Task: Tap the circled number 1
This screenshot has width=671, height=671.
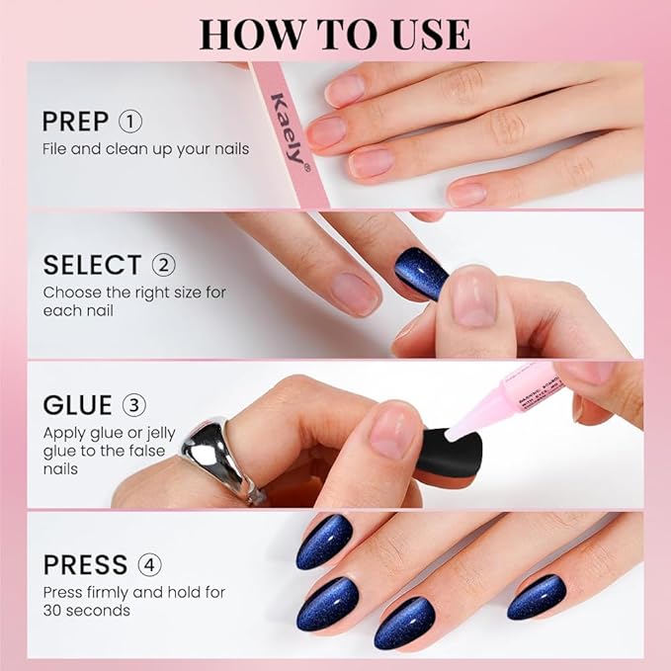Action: click(130, 122)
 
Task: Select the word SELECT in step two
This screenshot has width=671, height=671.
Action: click(92, 265)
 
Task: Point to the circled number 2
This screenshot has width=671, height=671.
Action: click(163, 265)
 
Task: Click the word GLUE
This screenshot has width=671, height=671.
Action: click(78, 405)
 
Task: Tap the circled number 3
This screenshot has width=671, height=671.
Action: click(134, 405)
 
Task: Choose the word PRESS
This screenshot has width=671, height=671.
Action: click(85, 565)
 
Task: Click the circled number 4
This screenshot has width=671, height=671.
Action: click(150, 565)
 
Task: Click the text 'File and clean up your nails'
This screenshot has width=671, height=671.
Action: click(145, 148)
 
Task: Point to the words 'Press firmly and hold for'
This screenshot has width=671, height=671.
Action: click(133, 592)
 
